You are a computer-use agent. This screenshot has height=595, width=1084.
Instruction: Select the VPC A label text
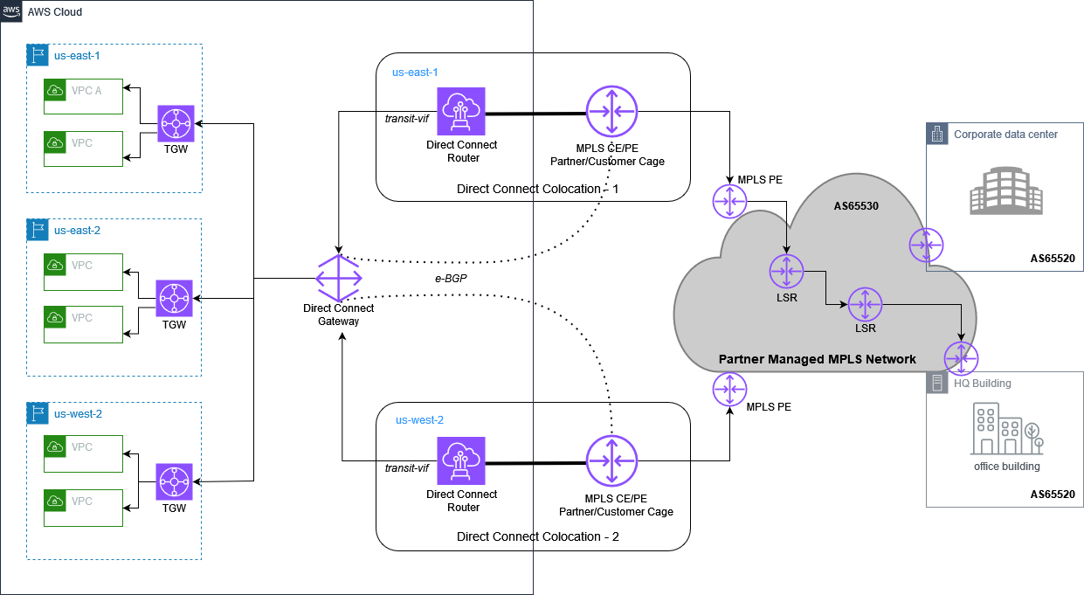coord(86,89)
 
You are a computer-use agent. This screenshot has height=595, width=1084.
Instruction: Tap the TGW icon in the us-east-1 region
coord(176,123)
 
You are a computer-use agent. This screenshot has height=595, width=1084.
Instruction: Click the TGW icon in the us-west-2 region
coord(174,481)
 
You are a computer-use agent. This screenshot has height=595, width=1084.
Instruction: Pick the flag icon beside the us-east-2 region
coord(38,231)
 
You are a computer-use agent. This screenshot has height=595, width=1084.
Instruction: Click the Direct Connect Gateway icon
coord(338,279)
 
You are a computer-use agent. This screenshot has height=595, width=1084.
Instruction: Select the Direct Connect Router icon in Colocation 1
coord(461,112)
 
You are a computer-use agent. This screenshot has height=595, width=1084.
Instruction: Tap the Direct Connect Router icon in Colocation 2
coord(461,460)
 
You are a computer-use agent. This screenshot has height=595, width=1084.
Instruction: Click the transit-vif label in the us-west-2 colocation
coord(406,468)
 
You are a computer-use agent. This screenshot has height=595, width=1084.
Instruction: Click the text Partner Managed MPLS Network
coord(817,359)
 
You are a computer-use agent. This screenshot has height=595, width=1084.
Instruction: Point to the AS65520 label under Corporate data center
coord(1052,259)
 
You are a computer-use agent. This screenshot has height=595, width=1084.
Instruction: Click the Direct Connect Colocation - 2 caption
coord(537,536)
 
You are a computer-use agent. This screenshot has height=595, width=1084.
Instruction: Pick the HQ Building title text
coord(982,384)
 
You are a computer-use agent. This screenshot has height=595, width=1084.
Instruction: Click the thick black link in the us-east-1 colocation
coord(535,114)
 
